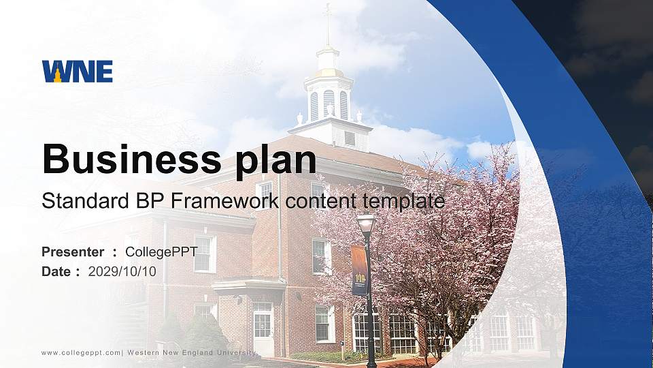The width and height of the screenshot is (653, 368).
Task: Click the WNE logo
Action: pyautogui.click(x=77, y=71)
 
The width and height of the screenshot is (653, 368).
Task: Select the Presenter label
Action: pyautogui.click(x=73, y=252)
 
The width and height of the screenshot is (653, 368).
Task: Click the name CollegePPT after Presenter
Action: pyautogui.click(x=161, y=252)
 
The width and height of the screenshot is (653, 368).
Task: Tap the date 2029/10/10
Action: pyautogui.click(x=122, y=271)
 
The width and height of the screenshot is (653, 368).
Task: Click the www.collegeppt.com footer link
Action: pyautogui.click(x=81, y=352)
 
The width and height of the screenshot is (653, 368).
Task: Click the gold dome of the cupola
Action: pyautogui.click(x=328, y=72)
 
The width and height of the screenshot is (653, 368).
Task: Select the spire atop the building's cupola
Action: pyautogui.click(x=328, y=24)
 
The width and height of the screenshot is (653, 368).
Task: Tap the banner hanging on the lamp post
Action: pyautogui.click(x=358, y=271)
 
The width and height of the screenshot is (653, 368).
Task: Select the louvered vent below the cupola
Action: pyautogui.click(x=350, y=138)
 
